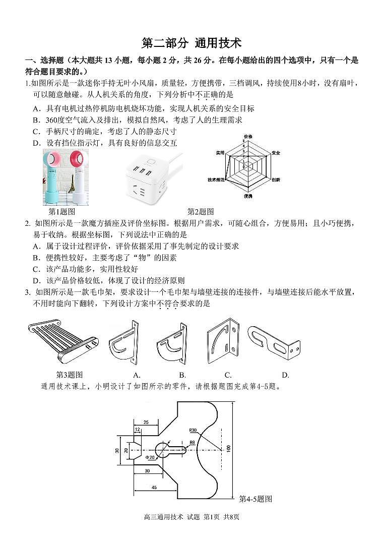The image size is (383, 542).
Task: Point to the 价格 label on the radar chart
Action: [x=248, y=137]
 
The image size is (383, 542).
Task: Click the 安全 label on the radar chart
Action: [x=276, y=152]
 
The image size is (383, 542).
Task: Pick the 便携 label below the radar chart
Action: [x=248, y=196]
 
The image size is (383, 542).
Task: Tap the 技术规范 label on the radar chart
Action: [x=216, y=179]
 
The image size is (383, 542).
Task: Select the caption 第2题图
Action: [x=201, y=211]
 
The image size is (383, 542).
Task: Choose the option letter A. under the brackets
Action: [x=137, y=375]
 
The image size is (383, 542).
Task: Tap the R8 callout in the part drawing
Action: [x=192, y=442]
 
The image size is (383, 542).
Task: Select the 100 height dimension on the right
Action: [x=228, y=449]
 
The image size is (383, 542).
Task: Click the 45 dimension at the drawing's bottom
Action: [x=154, y=488]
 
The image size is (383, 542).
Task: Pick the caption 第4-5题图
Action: [x=256, y=499]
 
